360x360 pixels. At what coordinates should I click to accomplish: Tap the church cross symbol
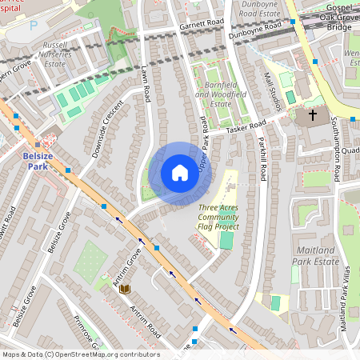tap(312, 115)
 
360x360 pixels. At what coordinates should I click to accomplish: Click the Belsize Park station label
tap(38, 160)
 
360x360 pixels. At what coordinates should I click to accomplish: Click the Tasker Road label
tap(245, 126)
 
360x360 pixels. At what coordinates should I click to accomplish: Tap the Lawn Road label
tap(146, 84)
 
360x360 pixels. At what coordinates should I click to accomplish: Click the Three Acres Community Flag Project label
tap(218, 217)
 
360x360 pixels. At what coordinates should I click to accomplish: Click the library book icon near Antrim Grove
tap(124, 289)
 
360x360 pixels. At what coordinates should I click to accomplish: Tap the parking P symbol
tap(33, 25)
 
